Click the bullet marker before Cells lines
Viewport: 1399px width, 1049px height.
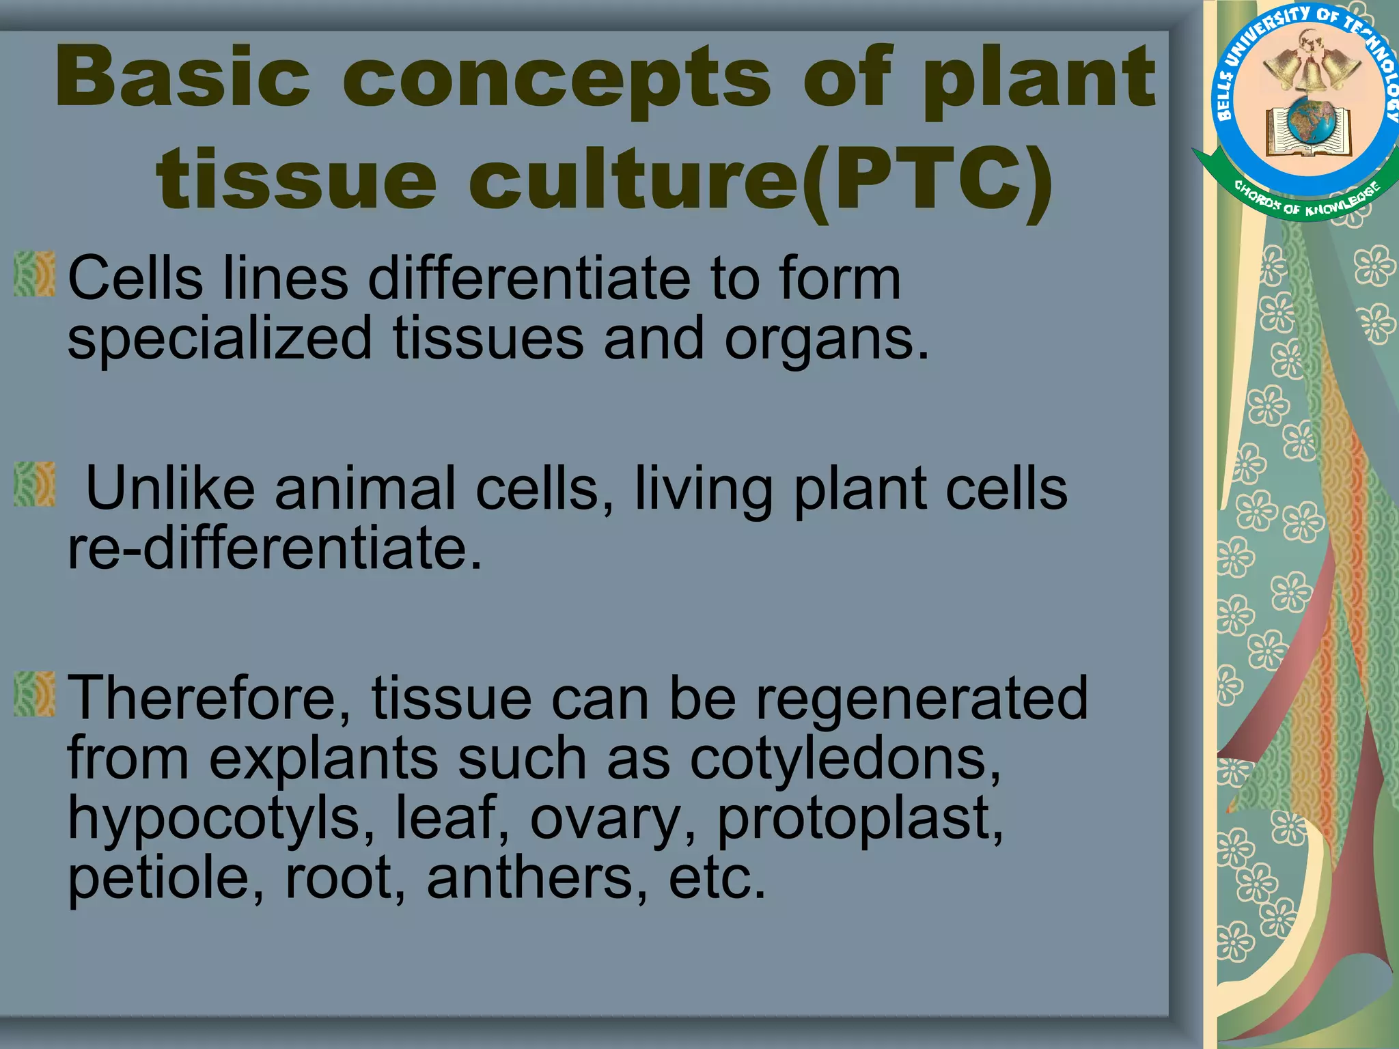34,274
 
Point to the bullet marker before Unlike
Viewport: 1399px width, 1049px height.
34,484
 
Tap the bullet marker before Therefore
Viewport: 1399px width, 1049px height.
34,694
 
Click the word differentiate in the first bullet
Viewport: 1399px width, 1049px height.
530,279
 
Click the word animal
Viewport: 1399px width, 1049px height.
365,488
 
